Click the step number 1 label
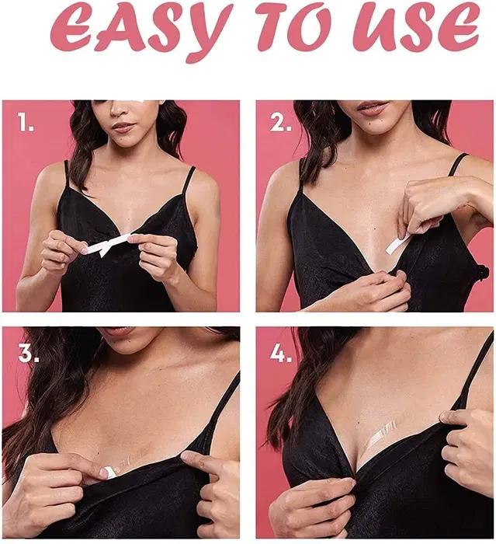tap(26, 122)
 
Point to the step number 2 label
tap(280, 123)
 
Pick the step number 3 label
tap(29, 353)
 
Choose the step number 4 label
tap(281, 353)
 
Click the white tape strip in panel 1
tap(108, 244)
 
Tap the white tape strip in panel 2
tap(399, 242)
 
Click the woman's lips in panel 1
tap(123, 127)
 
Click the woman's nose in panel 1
tap(121, 108)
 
